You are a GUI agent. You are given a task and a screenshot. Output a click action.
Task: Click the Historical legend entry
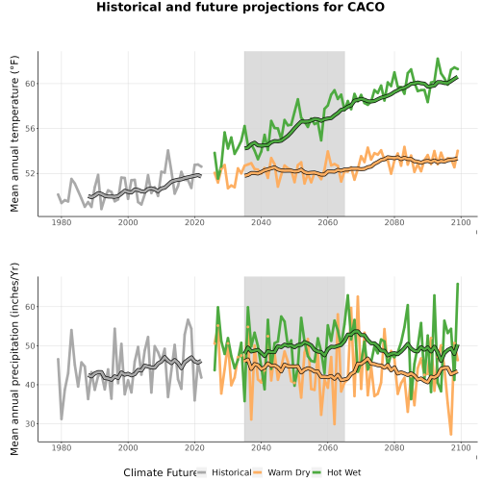coord(224,472)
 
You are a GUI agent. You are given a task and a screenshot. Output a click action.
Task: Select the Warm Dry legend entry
coord(282,472)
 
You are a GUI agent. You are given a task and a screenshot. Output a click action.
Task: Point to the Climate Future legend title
coord(161,472)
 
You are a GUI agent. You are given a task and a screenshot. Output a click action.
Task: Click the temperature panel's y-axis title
coord(14,134)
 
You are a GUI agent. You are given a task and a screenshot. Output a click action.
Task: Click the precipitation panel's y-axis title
coord(14,359)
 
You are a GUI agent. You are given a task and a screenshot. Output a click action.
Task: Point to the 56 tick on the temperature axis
coord(30,129)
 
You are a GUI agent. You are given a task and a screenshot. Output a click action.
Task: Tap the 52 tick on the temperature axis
coord(30,173)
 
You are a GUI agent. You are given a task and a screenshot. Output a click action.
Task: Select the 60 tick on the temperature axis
coord(30,84)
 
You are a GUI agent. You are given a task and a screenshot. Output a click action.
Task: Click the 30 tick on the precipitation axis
coord(30,423)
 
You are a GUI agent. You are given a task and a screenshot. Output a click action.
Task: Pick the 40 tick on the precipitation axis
coord(30,385)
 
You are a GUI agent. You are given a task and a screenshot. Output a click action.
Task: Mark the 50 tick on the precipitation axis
coord(30,345)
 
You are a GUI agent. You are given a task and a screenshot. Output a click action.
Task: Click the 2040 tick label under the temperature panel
coord(261,222)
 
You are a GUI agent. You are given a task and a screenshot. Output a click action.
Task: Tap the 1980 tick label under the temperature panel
coord(62,222)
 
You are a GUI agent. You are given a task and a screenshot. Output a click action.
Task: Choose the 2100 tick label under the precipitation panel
coord(461,447)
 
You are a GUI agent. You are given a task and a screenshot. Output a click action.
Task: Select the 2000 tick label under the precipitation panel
coord(128,447)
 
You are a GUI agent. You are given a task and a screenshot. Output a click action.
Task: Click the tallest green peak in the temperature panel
coord(438,59)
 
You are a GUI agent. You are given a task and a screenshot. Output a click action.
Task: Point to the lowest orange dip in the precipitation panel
coord(451,435)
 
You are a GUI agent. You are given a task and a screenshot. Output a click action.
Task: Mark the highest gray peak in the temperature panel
coord(167,150)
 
